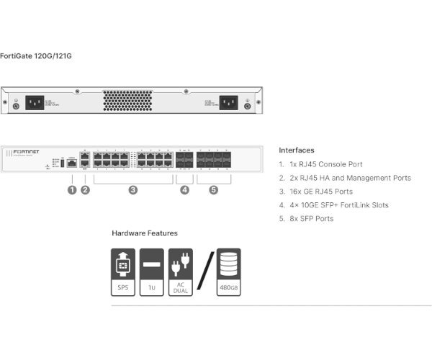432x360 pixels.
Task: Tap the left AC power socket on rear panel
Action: (x=35, y=102)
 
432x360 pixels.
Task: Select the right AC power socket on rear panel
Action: (x=229, y=102)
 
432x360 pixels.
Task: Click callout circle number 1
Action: (x=72, y=190)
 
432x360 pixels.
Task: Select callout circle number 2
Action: (x=85, y=190)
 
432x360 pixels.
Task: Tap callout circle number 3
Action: (x=133, y=190)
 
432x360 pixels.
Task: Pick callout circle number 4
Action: (x=184, y=190)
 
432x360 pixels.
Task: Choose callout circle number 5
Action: (x=213, y=190)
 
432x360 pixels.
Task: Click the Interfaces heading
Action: (x=296, y=150)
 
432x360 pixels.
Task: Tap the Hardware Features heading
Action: (x=145, y=233)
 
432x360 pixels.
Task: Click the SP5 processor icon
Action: (x=122, y=272)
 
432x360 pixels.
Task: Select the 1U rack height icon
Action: (x=152, y=272)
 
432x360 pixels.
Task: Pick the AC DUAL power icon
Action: (x=181, y=272)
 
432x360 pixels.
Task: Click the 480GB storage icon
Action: (x=228, y=272)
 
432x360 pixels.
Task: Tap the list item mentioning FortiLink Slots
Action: (x=338, y=205)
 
